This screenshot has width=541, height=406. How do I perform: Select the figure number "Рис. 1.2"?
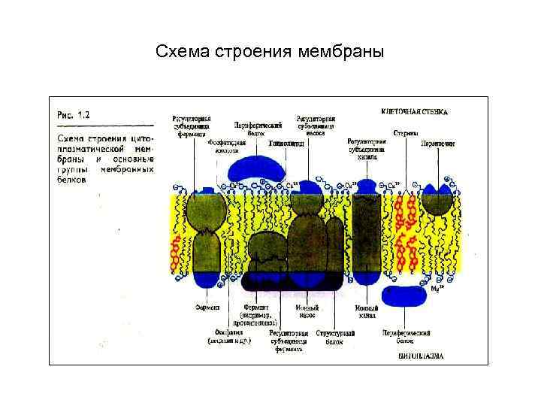coord(74,115)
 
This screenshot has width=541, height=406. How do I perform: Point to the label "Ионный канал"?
coord(366,311)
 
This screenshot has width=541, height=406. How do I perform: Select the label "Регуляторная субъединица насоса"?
coord(315,123)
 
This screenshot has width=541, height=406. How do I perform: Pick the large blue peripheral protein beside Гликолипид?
coord(255,169)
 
